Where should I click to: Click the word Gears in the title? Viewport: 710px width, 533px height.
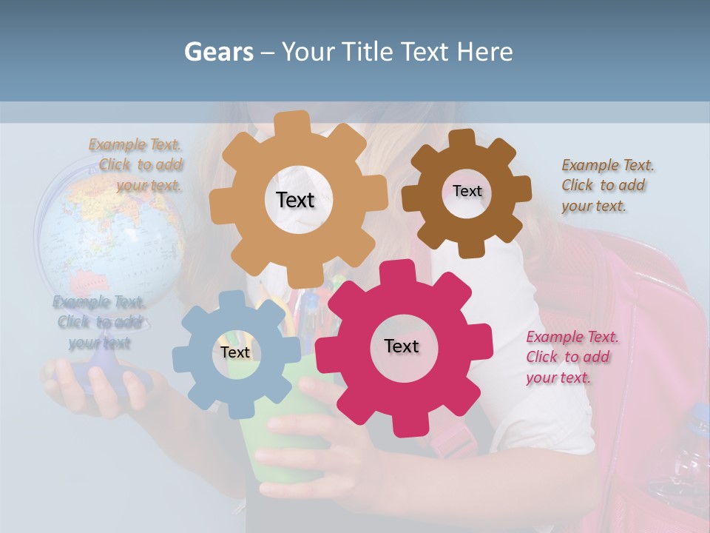(x=219, y=52)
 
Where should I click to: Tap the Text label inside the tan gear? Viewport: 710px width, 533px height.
(x=295, y=200)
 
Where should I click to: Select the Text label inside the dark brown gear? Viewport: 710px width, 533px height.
(x=467, y=191)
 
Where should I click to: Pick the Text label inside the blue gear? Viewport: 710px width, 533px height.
(x=235, y=352)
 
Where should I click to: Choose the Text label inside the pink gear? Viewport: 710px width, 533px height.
(x=402, y=346)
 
